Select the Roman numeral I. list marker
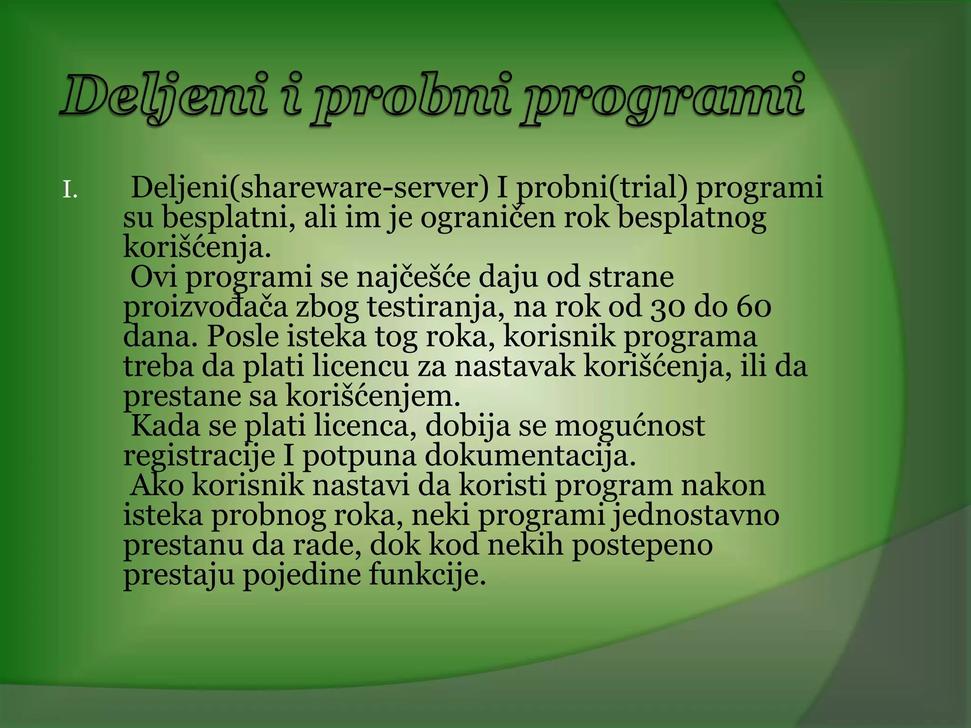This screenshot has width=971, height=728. [x=70, y=191]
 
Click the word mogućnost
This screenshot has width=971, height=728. [x=630, y=427]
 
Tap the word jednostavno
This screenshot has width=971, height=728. [x=695, y=516]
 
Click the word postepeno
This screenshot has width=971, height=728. [x=642, y=545]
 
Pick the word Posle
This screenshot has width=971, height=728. [x=242, y=337]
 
